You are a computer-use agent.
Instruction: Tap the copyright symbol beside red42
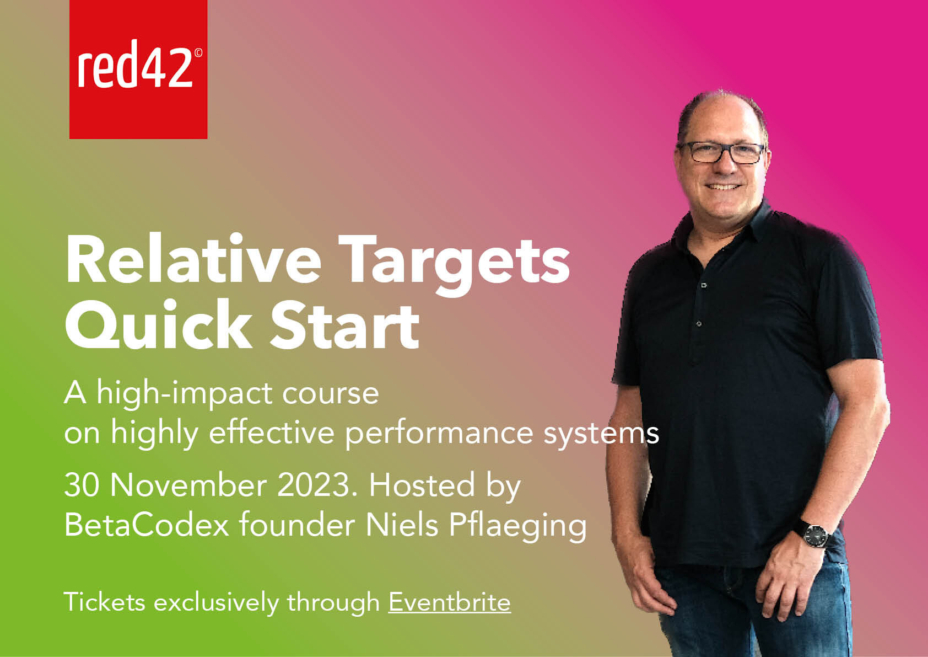pyautogui.click(x=198, y=52)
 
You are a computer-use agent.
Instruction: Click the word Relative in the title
pyautogui.click(x=193, y=259)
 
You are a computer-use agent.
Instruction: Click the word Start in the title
pyautogui.click(x=344, y=325)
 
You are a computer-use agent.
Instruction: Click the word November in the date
pyautogui.click(x=188, y=485)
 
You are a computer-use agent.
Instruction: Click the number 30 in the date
pyautogui.click(x=82, y=485)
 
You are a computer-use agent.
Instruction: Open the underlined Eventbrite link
pyautogui.click(x=450, y=602)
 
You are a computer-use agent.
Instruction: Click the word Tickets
pyautogui.click(x=104, y=602)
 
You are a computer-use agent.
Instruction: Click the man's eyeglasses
pyautogui.click(x=722, y=152)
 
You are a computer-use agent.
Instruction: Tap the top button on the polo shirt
pyautogui.click(x=704, y=285)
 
